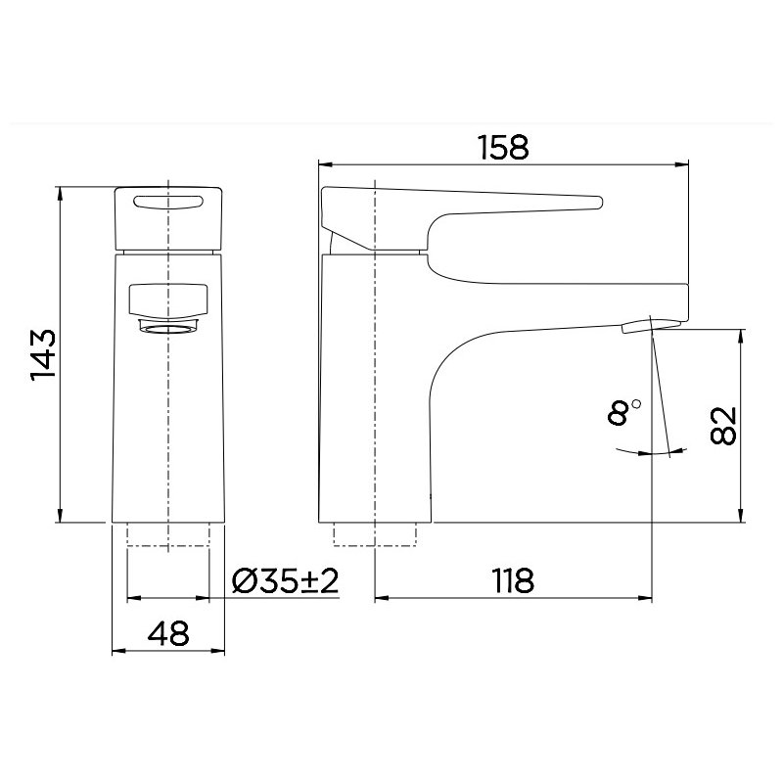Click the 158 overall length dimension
[504, 146]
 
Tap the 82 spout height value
[722, 425]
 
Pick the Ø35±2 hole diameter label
[285, 581]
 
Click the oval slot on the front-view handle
[168, 203]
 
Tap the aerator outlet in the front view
[168, 326]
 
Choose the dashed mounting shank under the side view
[377, 534]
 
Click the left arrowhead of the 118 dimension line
[383, 596]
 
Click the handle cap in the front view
[169, 218]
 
